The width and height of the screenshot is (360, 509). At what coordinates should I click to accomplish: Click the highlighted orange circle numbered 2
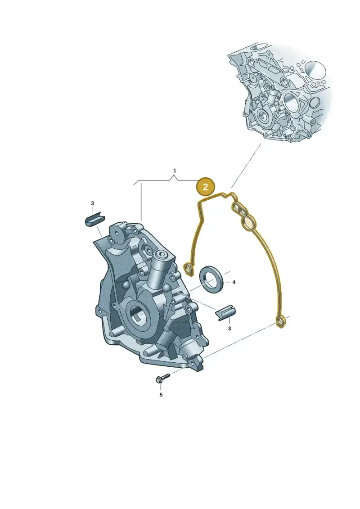point(205,187)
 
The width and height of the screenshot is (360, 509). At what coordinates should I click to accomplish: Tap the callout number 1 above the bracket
point(175,171)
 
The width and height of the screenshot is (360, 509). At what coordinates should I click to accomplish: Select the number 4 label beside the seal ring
point(234,283)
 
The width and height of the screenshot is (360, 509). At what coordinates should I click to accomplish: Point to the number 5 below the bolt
point(161,395)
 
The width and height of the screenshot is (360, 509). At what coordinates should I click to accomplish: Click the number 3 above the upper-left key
point(92,203)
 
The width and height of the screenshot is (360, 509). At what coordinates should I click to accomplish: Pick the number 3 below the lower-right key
point(229,329)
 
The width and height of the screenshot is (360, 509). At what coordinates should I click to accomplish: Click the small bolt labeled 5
point(162,378)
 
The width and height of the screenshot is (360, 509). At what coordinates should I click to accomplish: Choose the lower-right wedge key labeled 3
point(225,313)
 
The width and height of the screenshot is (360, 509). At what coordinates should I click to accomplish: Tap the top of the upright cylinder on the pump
point(161,255)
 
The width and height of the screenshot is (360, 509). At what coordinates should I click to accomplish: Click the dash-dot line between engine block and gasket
point(246,166)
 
